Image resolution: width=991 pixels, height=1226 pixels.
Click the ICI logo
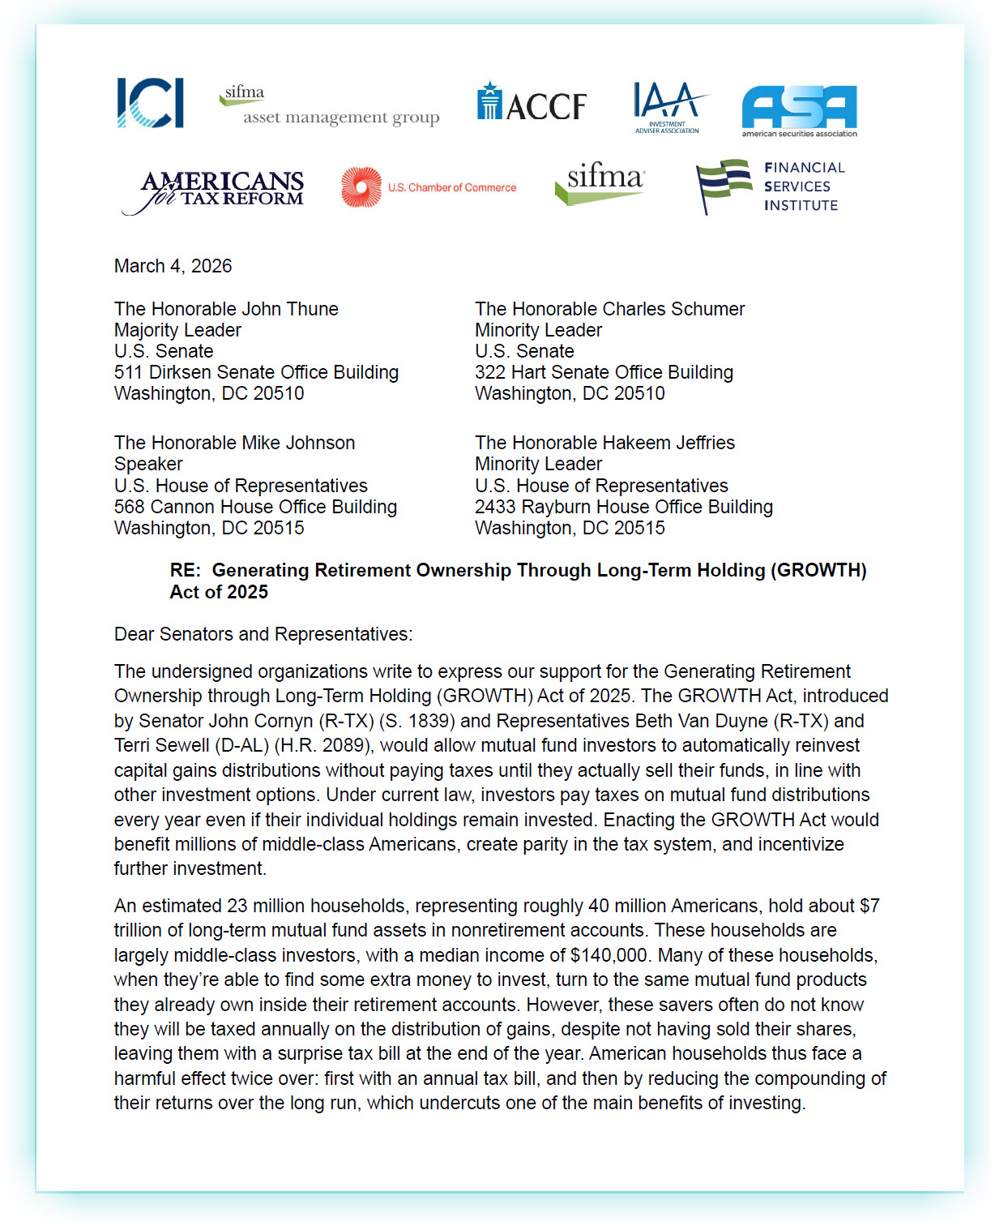pyautogui.click(x=150, y=103)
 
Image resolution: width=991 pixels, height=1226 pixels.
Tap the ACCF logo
pyautogui.click(x=532, y=102)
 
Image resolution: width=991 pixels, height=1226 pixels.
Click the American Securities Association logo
pyautogui.click(x=799, y=110)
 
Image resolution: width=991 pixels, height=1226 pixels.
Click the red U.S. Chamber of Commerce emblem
pyautogui.click(x=361, y=187)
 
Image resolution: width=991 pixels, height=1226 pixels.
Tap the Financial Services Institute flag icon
pyautogui.click(x=724, y=185)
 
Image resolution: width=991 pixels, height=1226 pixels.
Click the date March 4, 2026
pyautogui.click(x=173, y=266)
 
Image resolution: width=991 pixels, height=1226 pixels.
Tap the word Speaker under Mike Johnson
pyautogui.click(x=148, y=464)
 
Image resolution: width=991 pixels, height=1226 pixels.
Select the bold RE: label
pyautogui.click(x=185, y=570)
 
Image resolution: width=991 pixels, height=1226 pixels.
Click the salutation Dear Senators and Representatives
pyautogui.click(x=263, y=634)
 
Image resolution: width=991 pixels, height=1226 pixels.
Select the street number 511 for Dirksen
pyautogui.click(x=129, y=372)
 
